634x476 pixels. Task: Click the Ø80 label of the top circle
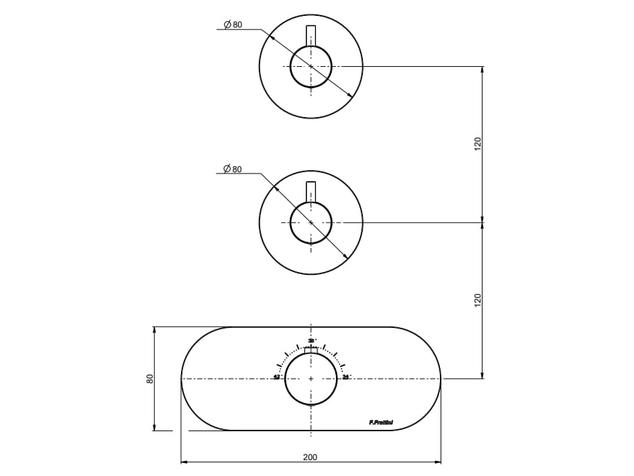click(x=233, y=25)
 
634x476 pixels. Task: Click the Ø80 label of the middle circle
click(x=233, y=169)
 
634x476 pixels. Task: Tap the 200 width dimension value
click(x=310, y=457)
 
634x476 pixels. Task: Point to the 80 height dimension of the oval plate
click(x=149, y=379)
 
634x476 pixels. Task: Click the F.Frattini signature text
click(x=381, y=422)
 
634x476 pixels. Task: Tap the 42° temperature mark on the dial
click(x=277, y=377)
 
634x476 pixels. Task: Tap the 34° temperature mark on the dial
click(x=346, y=377)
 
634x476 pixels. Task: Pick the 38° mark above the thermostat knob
click(x=311, y=341)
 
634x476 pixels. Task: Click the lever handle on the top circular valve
click(x=311, y=36)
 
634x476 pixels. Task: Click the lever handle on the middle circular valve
click(x=311, y=192)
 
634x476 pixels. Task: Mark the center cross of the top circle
click(x=311, y=66)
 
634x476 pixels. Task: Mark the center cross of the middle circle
click(x=311, y=223)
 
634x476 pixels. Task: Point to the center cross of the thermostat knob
click(x=311, y=379)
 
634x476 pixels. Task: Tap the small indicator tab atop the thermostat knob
click(x=311, y=352)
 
